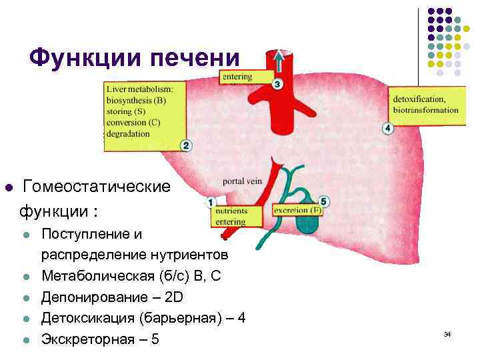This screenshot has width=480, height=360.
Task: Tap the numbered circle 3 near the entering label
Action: coord(277,84)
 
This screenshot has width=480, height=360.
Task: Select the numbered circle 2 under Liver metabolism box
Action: coord(186,145)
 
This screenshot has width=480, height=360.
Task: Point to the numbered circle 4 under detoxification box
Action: coord(388,128)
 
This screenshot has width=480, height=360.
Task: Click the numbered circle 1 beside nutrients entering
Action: coord(211,201)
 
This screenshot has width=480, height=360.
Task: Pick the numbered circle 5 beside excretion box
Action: coord(324,201)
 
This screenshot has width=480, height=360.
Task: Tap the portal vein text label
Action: coord(242,181)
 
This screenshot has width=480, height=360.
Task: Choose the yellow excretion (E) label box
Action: coord(297,210)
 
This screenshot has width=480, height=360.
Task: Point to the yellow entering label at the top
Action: coord(245,77)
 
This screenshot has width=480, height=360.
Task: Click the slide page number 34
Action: coord(447,333)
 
